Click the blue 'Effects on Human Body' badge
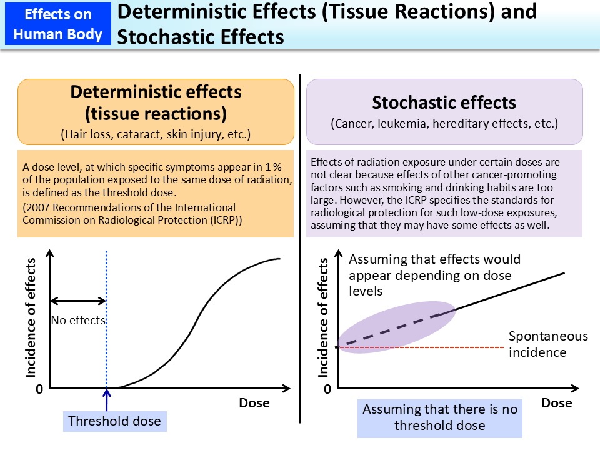pos(57,24)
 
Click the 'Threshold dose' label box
pos(114,421)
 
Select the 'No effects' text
pos(78,321)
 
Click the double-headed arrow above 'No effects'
pos(78,301)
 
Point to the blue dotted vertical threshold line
pos(107,281)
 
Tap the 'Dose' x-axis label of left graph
pos(254,403)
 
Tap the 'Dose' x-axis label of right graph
pos(556,403)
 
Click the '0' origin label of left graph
pos(39,389)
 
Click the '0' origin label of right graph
pos(327,389)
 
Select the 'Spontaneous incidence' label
pos(548,344)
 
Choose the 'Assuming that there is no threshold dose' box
pos(440,417)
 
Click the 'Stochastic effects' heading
pos(444,102)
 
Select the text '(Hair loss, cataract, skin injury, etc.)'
pos(156,133)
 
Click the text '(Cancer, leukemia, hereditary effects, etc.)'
pos(444,123)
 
